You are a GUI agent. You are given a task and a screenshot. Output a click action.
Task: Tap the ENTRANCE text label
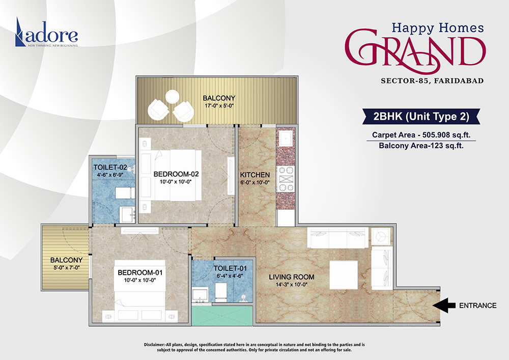tap(477, 306)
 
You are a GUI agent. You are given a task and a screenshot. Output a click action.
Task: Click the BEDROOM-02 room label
tap(176, 174)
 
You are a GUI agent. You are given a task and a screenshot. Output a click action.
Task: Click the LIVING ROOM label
tap(292, 277)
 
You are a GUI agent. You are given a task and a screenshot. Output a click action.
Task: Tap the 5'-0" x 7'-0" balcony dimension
tap(63, 267)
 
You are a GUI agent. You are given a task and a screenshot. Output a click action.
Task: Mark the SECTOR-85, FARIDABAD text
tap(432, 80)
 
